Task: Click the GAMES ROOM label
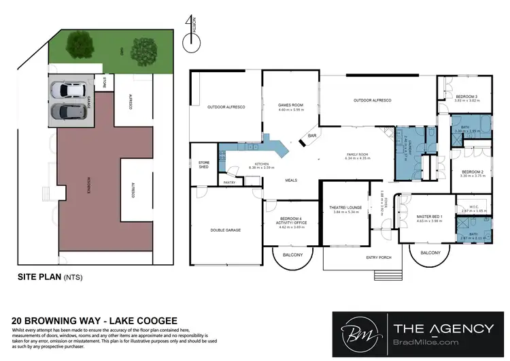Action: pos(290,105)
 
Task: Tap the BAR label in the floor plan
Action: pos(313,136)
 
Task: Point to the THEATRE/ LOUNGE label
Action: pos(345,207)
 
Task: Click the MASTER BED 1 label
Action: pos(429,217)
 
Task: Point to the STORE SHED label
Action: pos(203,163)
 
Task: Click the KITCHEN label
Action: pos(262,163)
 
